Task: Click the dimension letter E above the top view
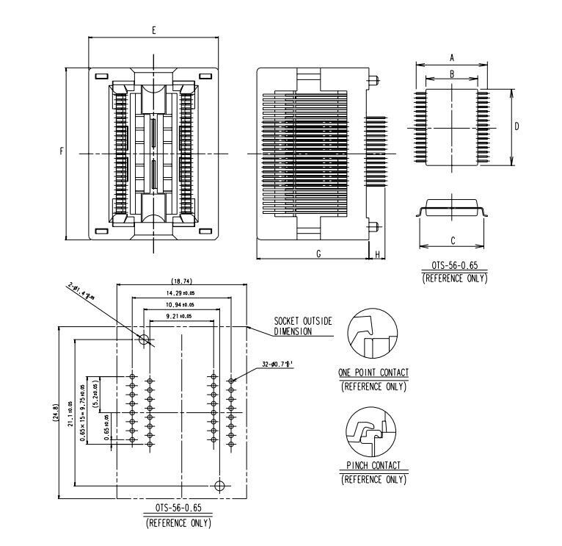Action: (153, 31)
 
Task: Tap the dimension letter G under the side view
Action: (318, 253)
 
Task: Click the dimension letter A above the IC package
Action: (452, 57)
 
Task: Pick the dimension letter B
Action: (452, 73)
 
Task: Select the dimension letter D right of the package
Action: (517, 126)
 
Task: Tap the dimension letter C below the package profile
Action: (453, 240)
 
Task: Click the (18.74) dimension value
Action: (181, 281)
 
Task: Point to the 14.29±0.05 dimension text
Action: (180, 293)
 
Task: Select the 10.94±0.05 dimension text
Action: (180, 304)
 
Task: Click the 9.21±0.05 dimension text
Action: (180, 316)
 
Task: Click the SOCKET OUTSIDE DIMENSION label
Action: (303, 326)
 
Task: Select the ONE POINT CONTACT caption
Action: (373, 373)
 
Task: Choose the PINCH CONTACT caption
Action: (373, 466)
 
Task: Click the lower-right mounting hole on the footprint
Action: (218, 485)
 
